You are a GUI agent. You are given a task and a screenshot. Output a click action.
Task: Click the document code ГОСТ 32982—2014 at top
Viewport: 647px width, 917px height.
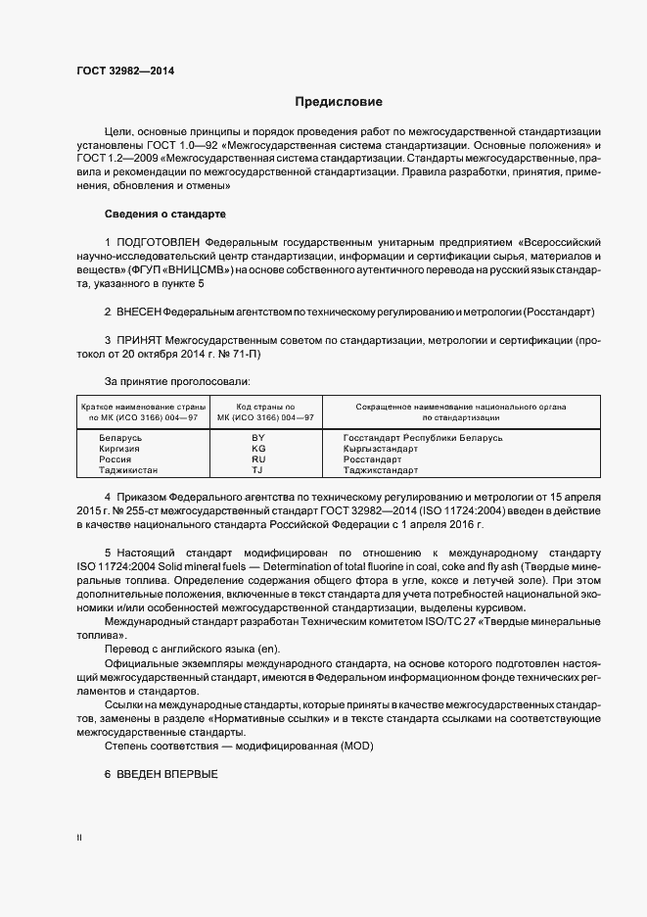(x=119, y=71)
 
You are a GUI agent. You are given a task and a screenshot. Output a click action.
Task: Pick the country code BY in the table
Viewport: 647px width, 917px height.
(x=258, y=438)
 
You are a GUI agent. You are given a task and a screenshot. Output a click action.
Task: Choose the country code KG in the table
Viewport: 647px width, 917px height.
(x=258, y=449)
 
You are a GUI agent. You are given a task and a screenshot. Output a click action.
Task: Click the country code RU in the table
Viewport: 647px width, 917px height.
(x=258, y=459)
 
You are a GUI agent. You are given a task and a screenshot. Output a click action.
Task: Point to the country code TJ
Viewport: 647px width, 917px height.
(x=258, y=470)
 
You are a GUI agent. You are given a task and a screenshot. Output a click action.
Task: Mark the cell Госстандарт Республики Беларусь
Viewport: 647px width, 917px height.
(x=423, y=438)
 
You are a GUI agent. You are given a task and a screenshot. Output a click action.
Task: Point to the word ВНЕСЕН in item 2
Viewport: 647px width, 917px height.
(x=138, y=312)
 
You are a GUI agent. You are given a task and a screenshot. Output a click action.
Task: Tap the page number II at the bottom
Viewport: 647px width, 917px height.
(x=79, y=838)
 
